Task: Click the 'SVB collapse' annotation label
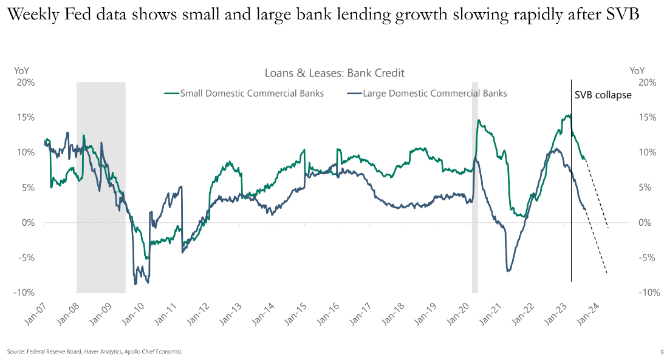coord(603,95)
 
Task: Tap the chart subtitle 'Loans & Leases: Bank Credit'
coord(334,73)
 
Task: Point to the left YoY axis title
coord(21,71)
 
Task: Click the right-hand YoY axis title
coord(638,71)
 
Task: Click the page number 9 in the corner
coord(662,352)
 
